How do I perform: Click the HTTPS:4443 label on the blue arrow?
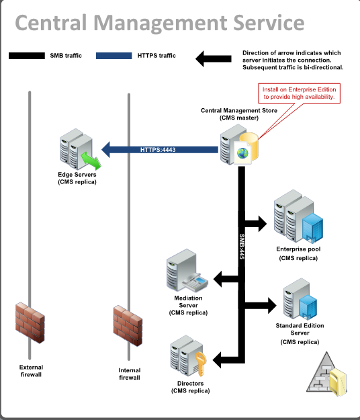158,150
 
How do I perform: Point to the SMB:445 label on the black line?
242,247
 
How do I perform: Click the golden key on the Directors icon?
200,364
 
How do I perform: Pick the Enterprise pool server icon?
298,216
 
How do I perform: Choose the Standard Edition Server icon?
300,299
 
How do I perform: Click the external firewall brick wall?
30,323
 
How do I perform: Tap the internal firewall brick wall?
128,325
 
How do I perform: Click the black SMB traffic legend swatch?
27,56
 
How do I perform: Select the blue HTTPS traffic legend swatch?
114,56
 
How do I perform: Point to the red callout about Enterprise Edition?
299,93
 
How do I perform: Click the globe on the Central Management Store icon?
242,153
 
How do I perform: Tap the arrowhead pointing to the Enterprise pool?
263,223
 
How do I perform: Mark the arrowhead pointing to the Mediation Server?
218,279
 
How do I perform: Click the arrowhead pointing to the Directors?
217,360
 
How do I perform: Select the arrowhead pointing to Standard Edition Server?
272,305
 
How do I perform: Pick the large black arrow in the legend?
214,58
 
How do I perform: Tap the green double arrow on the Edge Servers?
91,161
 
